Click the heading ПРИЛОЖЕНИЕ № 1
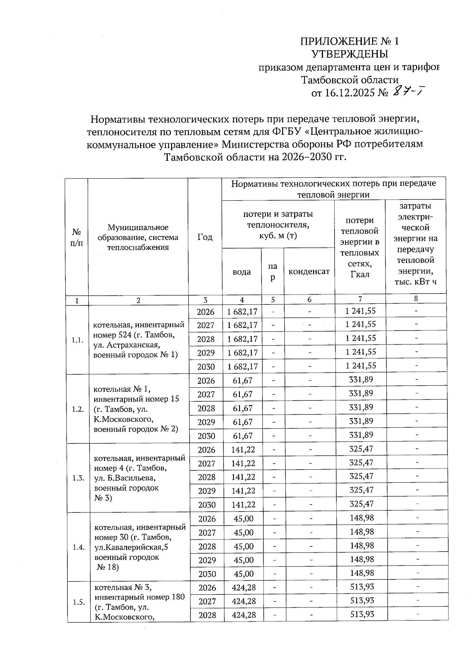[x=350, y=41]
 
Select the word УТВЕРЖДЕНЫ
[x=350, y=54]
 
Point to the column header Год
[x=205, y=237]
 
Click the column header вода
[x=241, y=272]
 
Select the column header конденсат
[x=309, y=272]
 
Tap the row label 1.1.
[x=78, y=340]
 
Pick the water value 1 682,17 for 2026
[x=242, y=312]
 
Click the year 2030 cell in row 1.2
[x=206, y=436]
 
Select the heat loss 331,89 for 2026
[x=361, y=380]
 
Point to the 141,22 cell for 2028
[x=243, y=477]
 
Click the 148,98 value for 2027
[x=362, y=532]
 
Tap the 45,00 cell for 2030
[x=243, y=574]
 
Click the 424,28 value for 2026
[x=243, y=587]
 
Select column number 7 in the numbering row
[x=360, y=299]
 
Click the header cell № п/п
[x=77, y=237]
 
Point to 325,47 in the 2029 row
[x=361, y=490]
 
